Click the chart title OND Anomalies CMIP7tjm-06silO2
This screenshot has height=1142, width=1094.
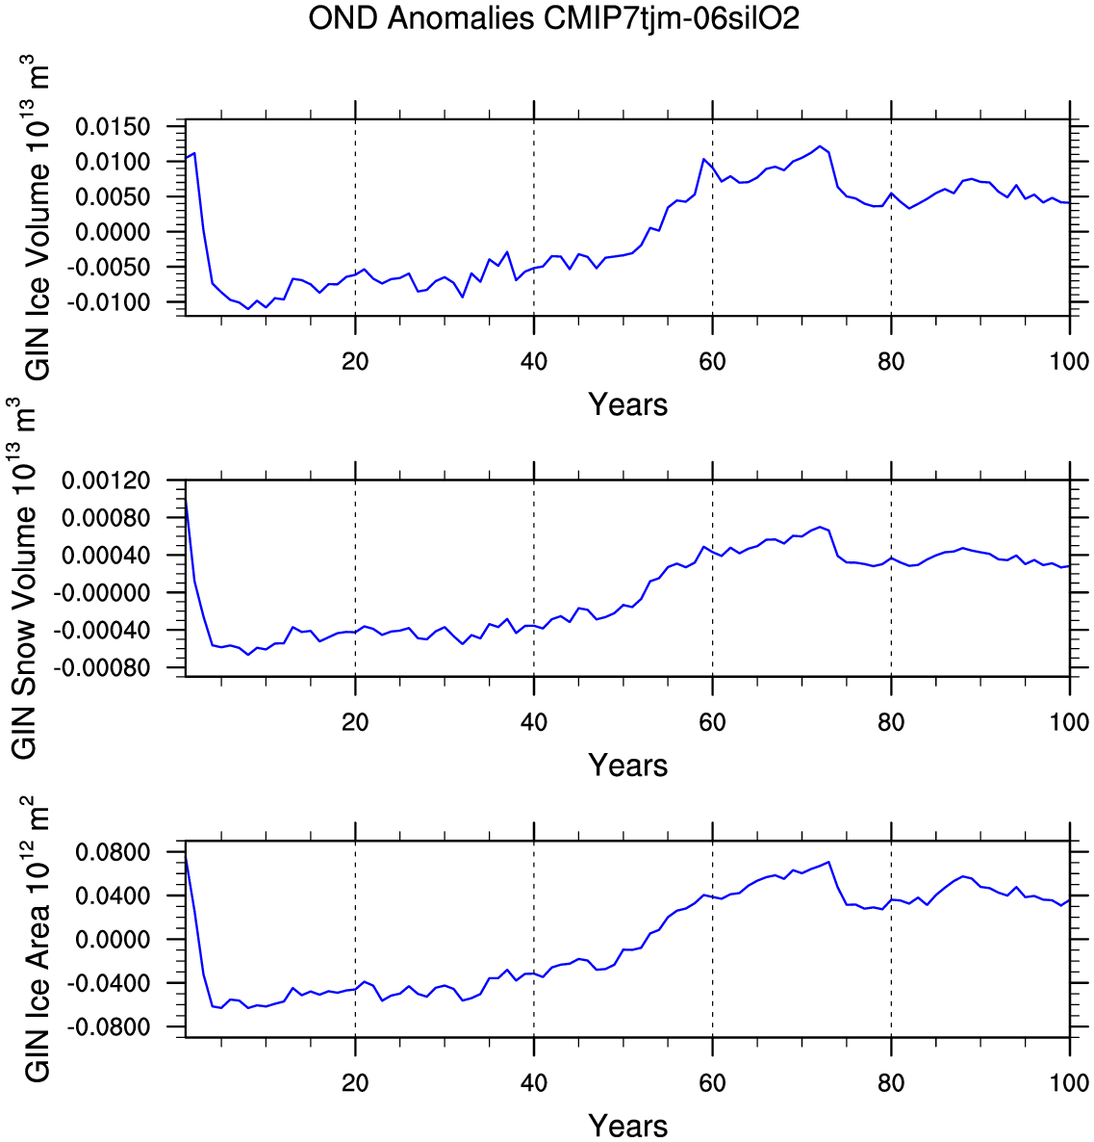(553, 18)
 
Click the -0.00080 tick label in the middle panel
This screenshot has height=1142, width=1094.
(108, 668)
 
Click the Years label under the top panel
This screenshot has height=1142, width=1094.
(627, 404)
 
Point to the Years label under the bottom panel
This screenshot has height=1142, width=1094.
(627, 1125)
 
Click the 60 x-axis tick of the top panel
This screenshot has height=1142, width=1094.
(712, 361)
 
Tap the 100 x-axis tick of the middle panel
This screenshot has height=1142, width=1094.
(1069, 722)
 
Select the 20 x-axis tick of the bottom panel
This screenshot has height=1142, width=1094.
(355, 1082)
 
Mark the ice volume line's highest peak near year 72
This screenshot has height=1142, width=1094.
(820, 146)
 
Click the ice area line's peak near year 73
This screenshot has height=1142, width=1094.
(828, 862)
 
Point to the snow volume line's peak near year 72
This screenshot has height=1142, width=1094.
(820, 527)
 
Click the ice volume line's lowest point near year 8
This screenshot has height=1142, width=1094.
(248, 309)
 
